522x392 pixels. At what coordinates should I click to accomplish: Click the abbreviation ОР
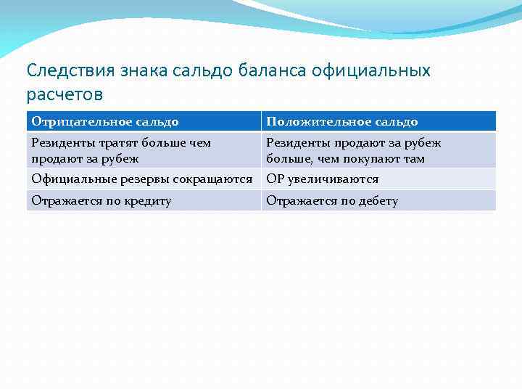tap(275, 179)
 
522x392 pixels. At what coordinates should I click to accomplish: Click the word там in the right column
tap(413, 158)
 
